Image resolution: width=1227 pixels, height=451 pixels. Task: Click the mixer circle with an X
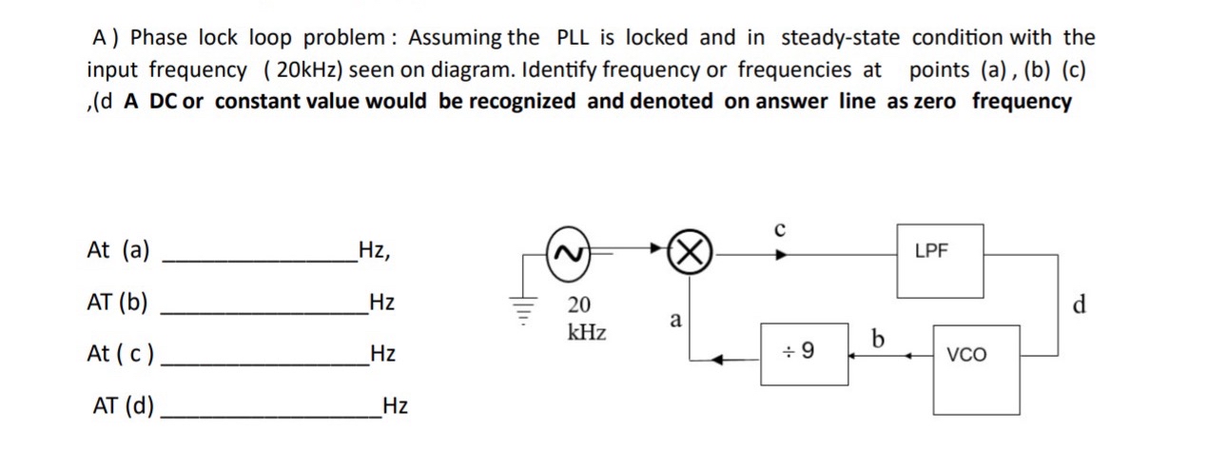click(691, 253)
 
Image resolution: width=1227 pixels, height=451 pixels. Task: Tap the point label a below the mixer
click(675, 321)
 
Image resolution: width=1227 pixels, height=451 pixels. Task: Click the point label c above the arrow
click(780, 229)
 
